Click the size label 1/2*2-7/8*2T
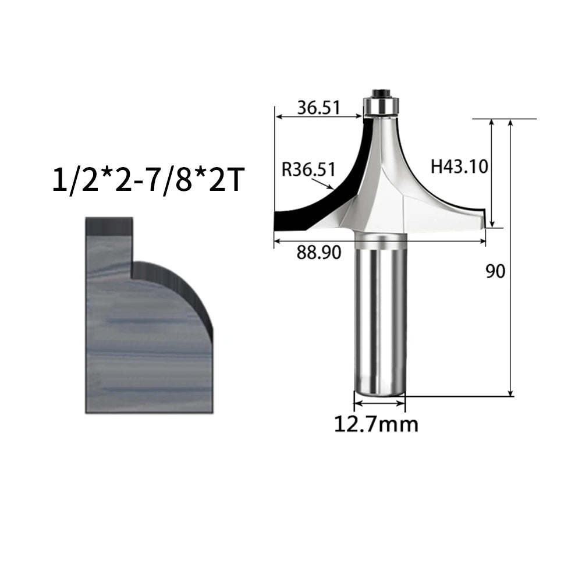pyautogui.click(x=149, y=180)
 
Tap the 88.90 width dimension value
pyautogui.click(x=318, y=253)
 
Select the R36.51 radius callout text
pyautogui.click(x=308, y=169)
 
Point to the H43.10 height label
pyautogui.click(x=459, y=166)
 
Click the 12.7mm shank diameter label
pyautogui.click(x=376, y=424)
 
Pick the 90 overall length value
pyautogui.click(x=495, y=271)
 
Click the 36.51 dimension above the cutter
pyautogui.click(x=318, y=108)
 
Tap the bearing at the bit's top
pyautogui.click(x=377, y=106)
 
